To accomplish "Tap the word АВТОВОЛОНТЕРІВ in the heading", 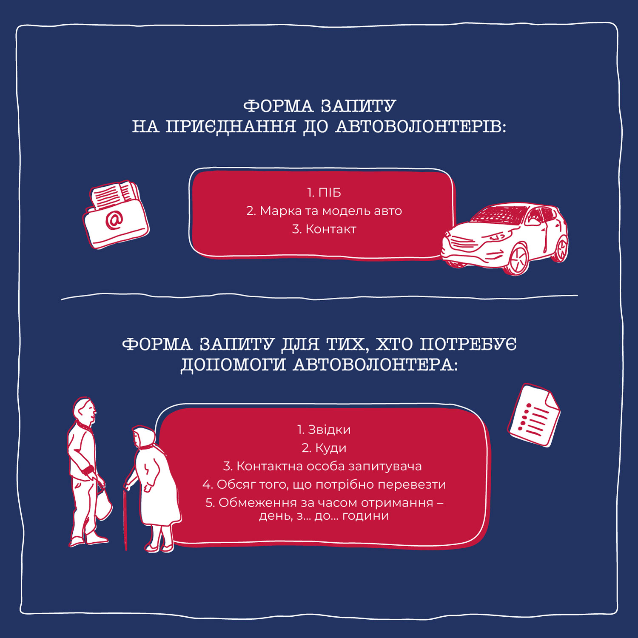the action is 421,126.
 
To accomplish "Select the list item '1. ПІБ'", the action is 324,193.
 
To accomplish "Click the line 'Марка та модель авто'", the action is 331,211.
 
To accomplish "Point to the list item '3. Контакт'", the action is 324,229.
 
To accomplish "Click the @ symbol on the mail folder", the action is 114,220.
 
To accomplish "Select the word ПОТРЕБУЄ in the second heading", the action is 468,344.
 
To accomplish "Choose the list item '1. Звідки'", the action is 324,430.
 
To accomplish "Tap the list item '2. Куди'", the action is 324,448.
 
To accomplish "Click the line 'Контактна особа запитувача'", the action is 329,466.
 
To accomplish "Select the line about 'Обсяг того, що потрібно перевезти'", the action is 331,484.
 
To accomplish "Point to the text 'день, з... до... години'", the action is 324,516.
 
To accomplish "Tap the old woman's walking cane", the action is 125,519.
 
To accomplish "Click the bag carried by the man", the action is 103,504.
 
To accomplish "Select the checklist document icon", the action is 534,416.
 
